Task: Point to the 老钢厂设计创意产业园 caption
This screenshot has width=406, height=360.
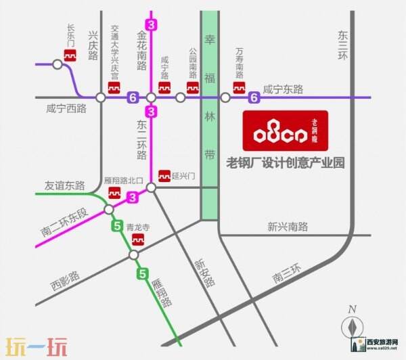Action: (285, 162)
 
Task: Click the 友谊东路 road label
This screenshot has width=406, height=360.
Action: (64, 185)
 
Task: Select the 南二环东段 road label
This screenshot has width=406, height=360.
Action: (64, 223)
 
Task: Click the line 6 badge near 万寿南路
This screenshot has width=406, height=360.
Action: (254, 97)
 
